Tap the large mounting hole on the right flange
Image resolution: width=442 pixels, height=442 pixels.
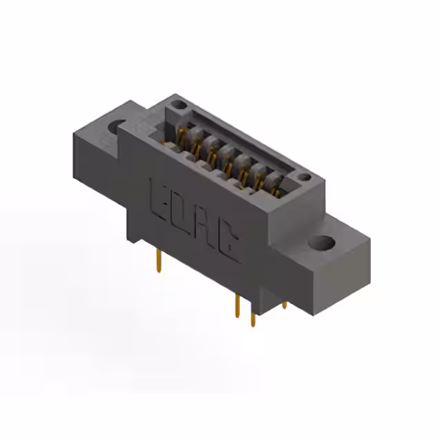(321, 243)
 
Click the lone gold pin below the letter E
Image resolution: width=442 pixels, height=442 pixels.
(160, 261)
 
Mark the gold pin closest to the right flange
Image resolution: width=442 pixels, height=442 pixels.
(285, 303)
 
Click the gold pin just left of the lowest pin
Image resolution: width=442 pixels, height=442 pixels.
(238, 306)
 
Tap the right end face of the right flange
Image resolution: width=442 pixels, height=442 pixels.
(342, 276)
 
